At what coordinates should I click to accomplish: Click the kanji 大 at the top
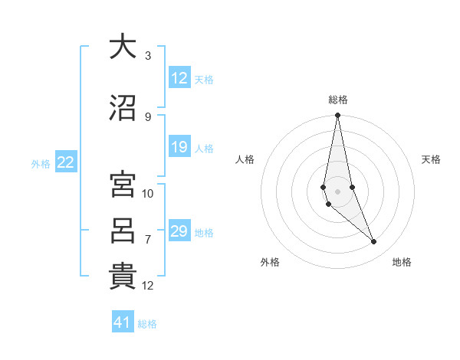123,47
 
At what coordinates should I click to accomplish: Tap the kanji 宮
123,185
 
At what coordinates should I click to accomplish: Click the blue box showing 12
179,78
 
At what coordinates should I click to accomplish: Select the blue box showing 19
179,147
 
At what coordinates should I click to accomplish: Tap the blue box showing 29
179,231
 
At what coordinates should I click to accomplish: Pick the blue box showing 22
66,162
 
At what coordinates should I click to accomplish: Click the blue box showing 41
123,322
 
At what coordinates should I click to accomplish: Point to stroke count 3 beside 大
148,56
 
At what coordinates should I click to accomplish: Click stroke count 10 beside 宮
148,193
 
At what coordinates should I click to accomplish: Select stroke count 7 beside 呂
148,239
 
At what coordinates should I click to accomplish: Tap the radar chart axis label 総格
338,100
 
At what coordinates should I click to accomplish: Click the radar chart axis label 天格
432,159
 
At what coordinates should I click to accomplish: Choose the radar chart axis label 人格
245,159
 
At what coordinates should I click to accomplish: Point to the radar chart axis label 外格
270,263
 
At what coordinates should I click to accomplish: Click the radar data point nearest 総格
337,116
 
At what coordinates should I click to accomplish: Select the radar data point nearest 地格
374,242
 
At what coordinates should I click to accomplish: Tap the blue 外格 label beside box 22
41,163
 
